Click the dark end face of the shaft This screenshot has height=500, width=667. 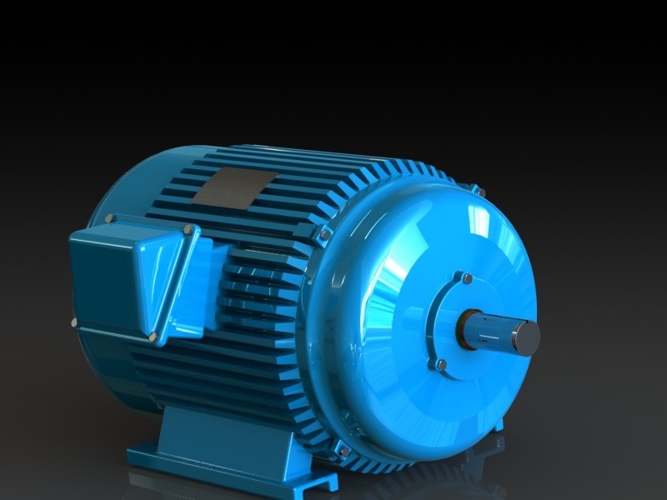tap(526, 336)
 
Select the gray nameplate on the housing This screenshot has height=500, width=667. tap(236, 186)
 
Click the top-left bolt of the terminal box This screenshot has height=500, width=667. tap(109, 219)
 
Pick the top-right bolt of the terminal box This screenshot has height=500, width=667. tap(189, 230)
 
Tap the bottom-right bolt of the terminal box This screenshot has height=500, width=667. tap(153, 337)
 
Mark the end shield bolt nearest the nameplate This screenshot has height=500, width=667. tap(324, 235)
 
